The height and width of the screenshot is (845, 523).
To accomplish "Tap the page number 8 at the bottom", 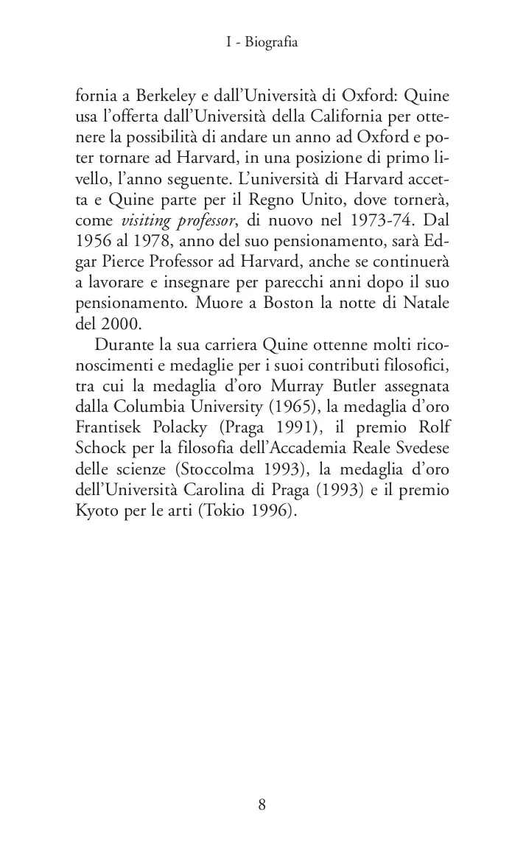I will (261, 804).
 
